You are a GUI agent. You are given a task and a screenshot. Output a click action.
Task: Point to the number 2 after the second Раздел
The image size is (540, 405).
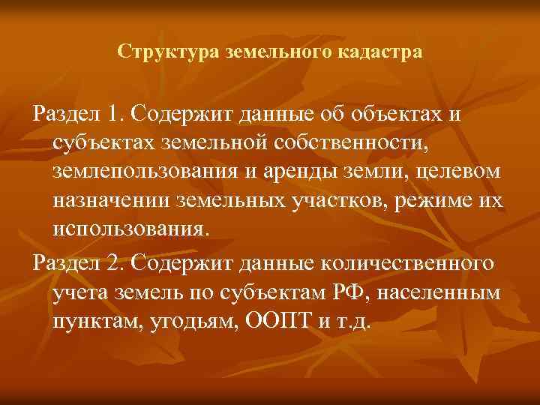tap(113, 263)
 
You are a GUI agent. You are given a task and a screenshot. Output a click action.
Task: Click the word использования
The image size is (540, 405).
tap(127, 229)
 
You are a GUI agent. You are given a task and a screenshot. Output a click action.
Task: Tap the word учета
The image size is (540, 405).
tap(78, 292)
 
